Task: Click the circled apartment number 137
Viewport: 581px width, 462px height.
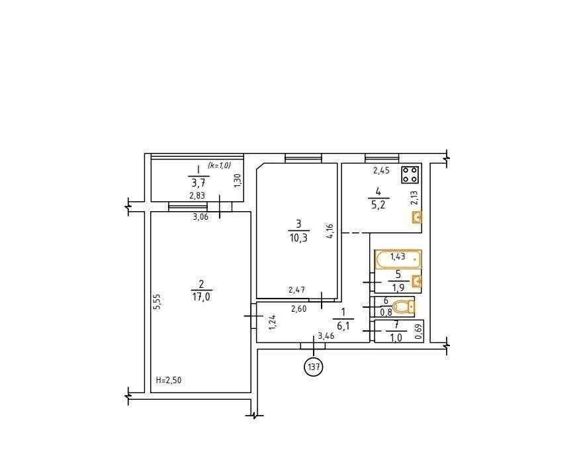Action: pos(314,367)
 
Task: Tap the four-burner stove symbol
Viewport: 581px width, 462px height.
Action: pos(410,175)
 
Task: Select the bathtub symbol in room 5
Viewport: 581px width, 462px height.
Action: pos(398,259)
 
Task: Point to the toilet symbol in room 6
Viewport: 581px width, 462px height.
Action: pos(403,307)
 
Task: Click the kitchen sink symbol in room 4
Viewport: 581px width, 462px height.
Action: pos(418,218)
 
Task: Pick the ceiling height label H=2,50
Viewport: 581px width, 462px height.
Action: pos(169,380)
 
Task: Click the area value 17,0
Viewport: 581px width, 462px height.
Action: pos(201,297)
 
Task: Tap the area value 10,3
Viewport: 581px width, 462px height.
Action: pos(298,238)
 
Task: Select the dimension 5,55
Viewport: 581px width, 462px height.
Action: pos(157,302)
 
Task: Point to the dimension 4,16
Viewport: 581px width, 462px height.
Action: pos(330,231)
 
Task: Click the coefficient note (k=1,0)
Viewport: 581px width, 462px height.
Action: pos(219,165)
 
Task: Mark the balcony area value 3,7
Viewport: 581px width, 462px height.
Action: pos(199,183)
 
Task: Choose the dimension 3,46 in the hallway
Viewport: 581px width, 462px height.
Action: pos(326,336)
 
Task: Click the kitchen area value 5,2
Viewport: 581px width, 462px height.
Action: pos(378,204)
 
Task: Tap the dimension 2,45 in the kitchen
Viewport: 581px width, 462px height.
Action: pos(381,171)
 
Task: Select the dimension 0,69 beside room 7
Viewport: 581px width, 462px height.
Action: pos(419,332)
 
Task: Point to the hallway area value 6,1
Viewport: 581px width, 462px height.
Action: pos(343,326)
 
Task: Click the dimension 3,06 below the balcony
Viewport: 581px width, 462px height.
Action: pos(201,217)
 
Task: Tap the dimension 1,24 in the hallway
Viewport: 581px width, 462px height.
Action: pos(273,322)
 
